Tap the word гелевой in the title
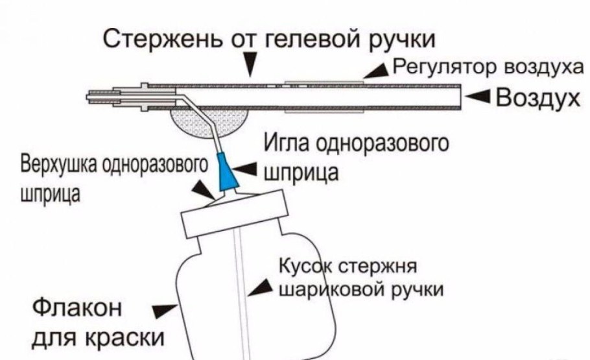coord(307,40)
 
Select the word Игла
coord(285,145)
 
